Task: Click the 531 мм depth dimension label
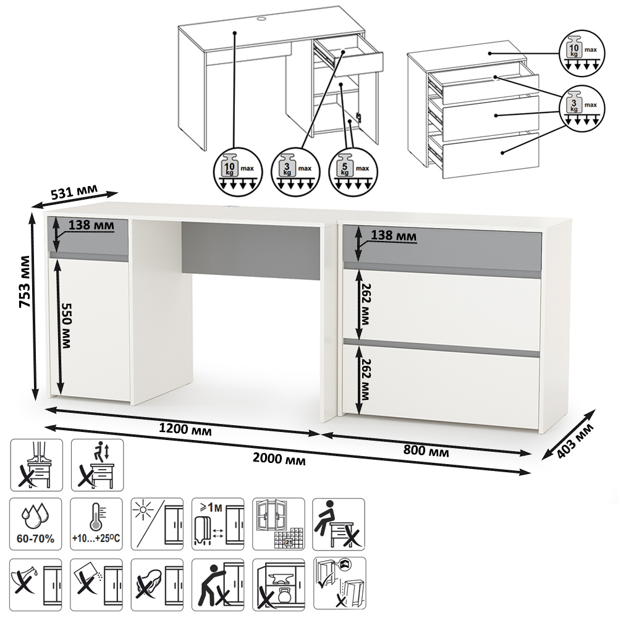74,190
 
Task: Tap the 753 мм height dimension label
25,281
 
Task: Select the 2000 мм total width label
279,459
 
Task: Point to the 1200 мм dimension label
185,429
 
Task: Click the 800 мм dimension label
426,450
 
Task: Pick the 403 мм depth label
575,441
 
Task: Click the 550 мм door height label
66,326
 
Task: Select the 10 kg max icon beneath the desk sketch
238,171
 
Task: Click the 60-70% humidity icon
35,524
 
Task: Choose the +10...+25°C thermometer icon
96,524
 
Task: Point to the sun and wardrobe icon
157,524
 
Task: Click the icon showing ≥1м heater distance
218,524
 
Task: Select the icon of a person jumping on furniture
97,465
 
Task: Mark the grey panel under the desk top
251,251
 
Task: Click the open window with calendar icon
278,524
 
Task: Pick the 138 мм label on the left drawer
91,225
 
